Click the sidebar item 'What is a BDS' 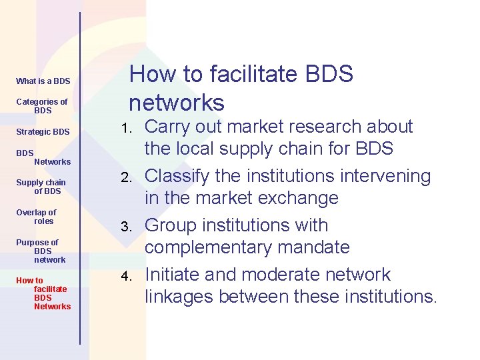[43, 81]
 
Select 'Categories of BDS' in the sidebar [42, 106]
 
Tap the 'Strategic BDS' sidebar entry [43, 132]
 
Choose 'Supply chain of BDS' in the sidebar [41, 187]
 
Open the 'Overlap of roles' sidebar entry [37, 217]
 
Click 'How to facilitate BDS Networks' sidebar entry [44, 293]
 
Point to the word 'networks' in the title [177, 103]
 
